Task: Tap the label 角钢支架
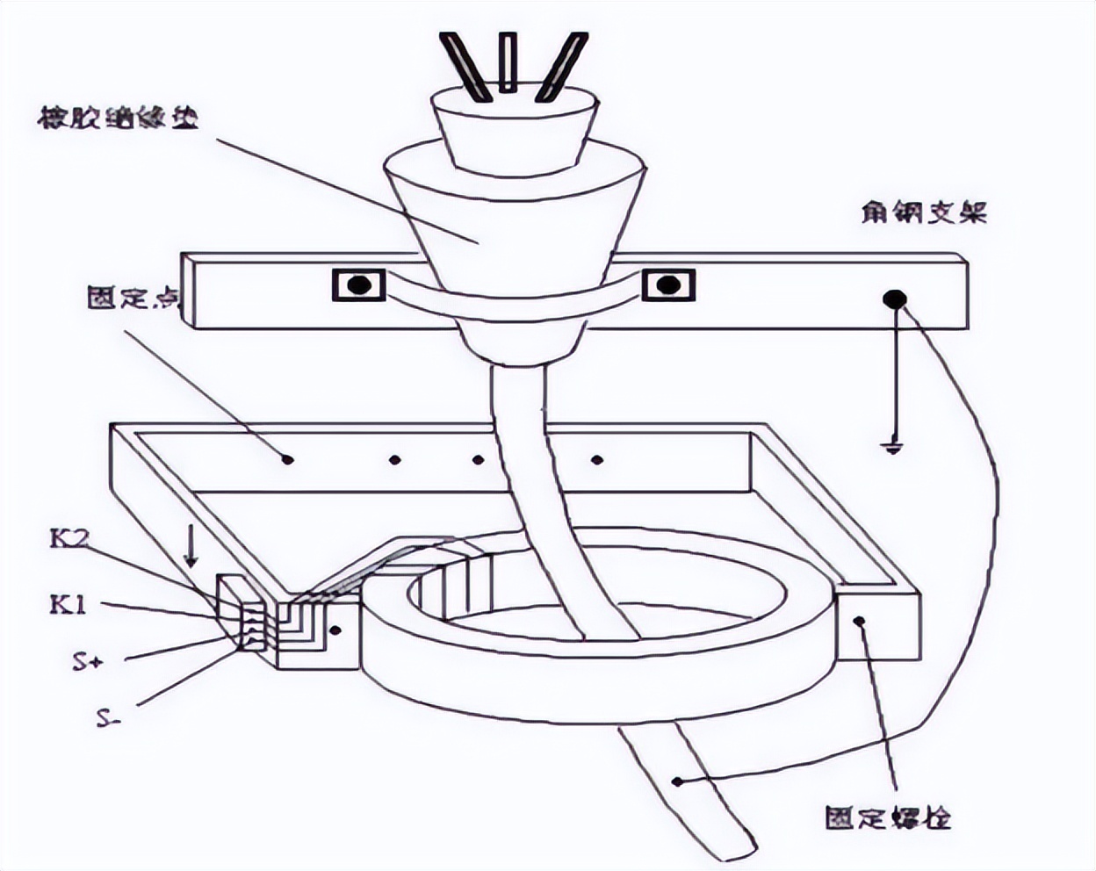point(924,212)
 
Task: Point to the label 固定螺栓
point(888,818)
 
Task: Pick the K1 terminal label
point(68,604)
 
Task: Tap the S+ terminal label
point(89,661)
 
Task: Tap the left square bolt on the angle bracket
point(358,285)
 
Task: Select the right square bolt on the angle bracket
point(668,285)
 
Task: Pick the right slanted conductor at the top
point(559,65)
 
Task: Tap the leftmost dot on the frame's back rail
point(288,458)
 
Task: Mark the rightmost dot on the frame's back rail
point(597,459)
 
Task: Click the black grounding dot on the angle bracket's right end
point(894,300)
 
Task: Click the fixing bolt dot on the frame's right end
point(860,621)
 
